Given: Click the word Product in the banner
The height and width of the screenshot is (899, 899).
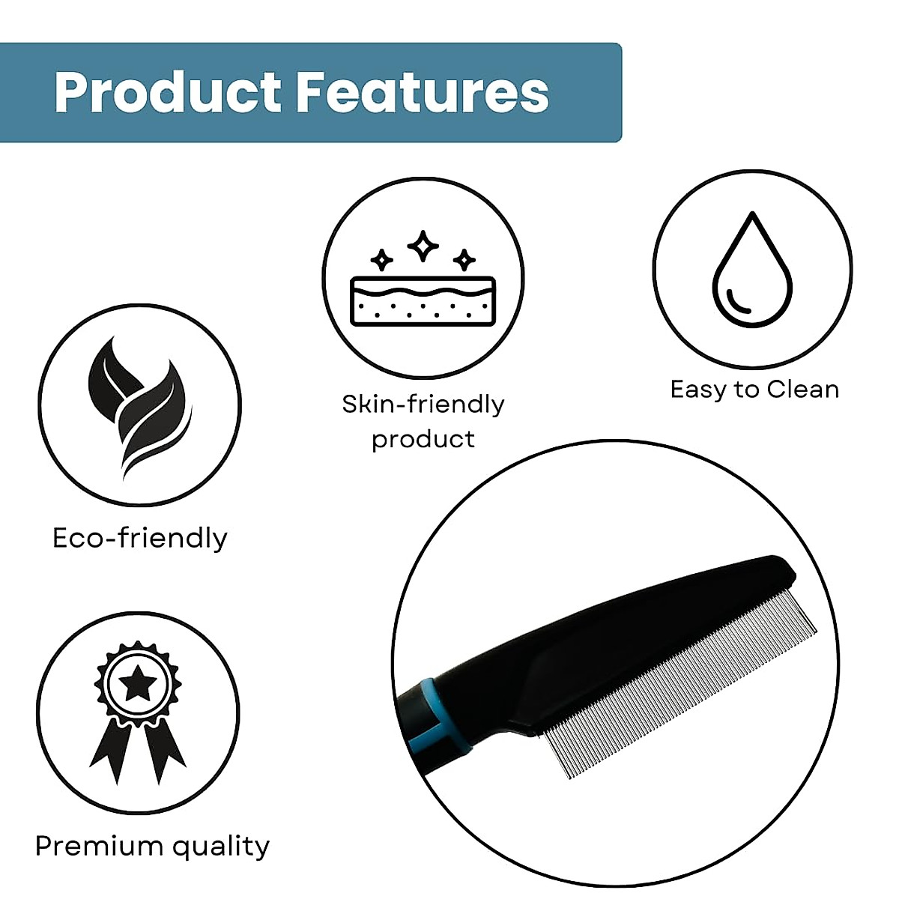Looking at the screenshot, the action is pos(168,92).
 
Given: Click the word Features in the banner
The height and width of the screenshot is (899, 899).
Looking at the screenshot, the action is pos(423,92).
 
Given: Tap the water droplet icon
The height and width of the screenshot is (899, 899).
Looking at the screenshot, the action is pos(752,269).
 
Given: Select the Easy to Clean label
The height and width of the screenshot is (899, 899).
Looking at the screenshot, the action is pos(754,389).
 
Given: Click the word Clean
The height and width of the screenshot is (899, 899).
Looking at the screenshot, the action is pos(802,389).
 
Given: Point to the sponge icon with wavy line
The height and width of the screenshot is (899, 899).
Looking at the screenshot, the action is pos(423,301).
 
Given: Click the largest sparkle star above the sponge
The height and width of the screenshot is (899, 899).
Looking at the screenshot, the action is pos(423,246).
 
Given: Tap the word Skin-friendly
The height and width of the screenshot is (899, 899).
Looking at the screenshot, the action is pos(423,404).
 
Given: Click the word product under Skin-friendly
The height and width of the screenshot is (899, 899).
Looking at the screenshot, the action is pos(423,440).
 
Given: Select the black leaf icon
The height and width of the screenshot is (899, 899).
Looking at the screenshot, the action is pos(140,407).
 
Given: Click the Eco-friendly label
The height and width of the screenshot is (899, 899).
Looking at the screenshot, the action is pos(140,539).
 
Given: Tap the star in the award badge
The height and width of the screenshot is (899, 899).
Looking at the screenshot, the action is pos(138,683).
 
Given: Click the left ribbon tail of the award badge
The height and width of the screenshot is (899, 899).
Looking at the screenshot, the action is pos(111,751).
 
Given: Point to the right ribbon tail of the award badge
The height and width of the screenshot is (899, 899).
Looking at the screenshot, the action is pos(164,751).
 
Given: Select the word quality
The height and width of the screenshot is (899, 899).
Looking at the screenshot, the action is pos(221,847).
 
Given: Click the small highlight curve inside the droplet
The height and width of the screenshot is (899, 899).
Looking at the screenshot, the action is pos(737,303).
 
